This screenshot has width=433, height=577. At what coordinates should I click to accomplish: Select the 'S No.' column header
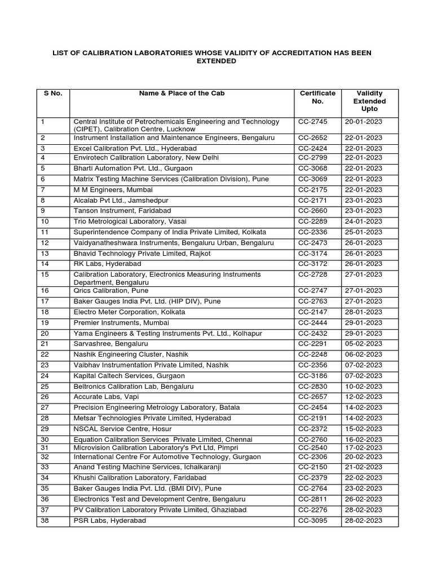(x=52, y=94)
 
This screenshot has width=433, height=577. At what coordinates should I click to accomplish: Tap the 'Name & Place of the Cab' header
(x=182, y=94)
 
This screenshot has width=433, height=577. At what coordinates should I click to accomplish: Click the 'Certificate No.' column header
(x=317, y=97)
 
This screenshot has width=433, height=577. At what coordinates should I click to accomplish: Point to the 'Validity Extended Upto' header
(x=369, y=101)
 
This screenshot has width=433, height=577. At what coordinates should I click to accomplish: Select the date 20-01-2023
(x=364, y=122)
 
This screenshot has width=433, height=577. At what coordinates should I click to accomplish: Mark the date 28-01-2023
(x=364, y=312)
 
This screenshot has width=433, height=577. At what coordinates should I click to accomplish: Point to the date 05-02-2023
(x=364, y=344)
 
